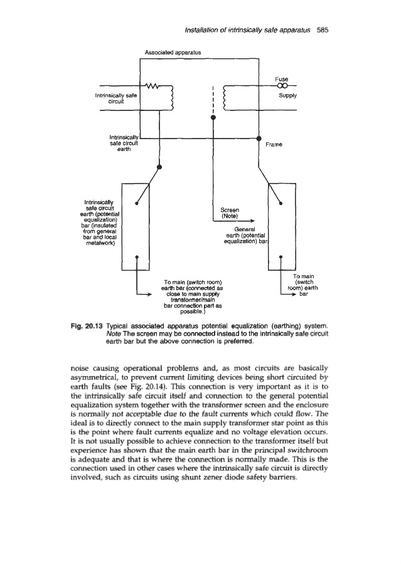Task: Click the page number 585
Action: pos(328,29)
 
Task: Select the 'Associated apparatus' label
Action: pos(171,53)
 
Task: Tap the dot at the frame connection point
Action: pos(259,138)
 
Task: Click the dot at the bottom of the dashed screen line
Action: pos(213,117)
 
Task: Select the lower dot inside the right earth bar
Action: pos(281,256)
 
